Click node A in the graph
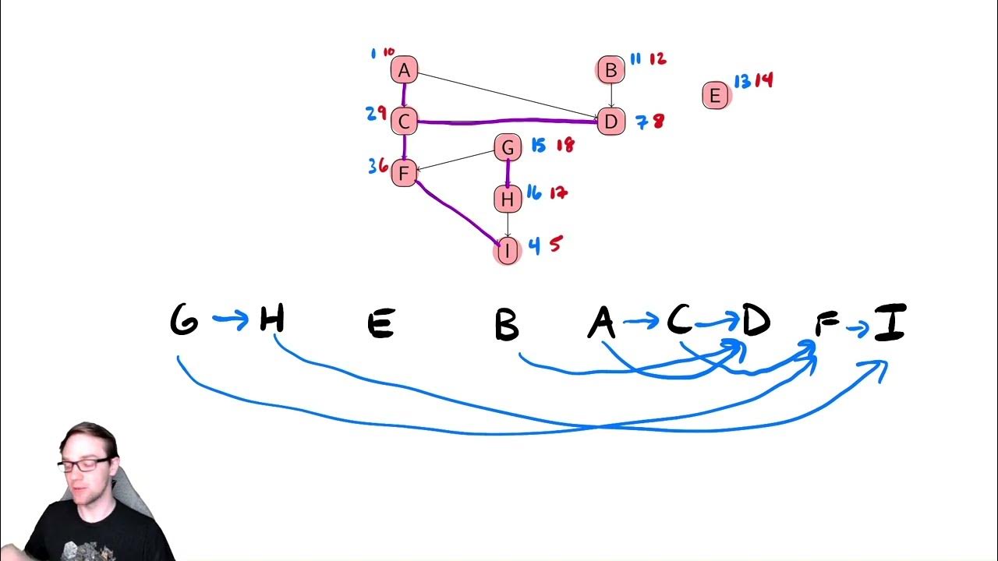coord(404,70)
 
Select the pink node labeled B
coord(611,70)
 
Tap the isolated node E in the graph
coord(715,96)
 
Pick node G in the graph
coord(508,146)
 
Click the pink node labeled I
coord(508,251)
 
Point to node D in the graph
coord(611,122)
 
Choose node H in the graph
coord(508,199)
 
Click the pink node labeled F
coord(404,172)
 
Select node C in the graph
coord(404,122)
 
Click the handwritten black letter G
coord(184,321)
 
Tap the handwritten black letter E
coord(380,323)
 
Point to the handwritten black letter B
coord(507,324)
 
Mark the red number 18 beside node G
coord(564,145)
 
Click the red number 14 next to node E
coord(764,80)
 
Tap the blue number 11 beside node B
coord(635,58)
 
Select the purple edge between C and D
coord(507,121)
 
